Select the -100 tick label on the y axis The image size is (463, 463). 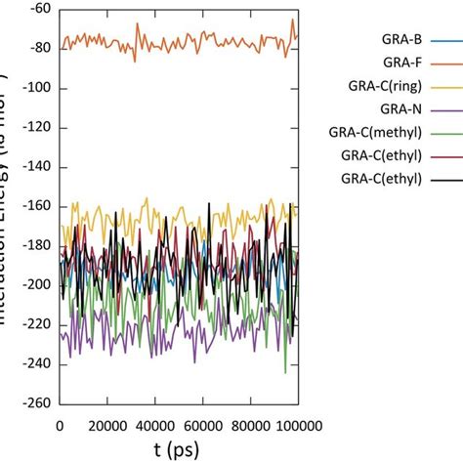pos(36,88)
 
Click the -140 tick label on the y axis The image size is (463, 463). pos(36,167)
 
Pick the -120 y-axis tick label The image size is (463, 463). pos(36,128)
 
